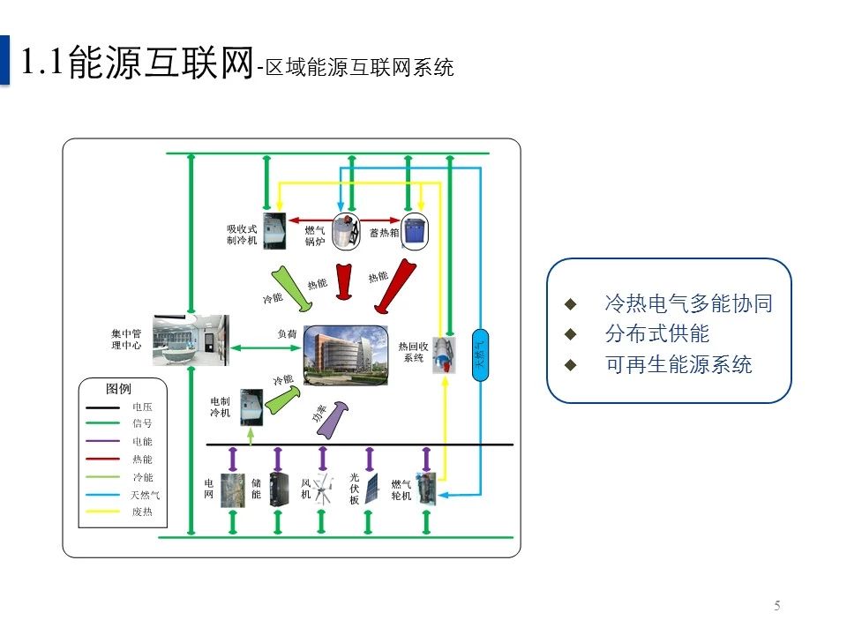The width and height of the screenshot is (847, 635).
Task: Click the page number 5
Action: (777, 605)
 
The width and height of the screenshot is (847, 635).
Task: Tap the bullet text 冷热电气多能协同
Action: (688, 304)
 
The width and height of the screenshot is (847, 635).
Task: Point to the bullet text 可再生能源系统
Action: (678, 365)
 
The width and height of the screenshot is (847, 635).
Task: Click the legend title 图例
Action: (118, 389)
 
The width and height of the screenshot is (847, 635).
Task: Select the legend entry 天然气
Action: (146, 495)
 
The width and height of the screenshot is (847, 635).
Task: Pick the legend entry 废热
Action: (142, 512)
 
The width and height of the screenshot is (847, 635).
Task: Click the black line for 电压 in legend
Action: (103, 407)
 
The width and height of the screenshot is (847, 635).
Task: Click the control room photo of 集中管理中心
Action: (190, 340)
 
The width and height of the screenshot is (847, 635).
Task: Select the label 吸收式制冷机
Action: (242, 235)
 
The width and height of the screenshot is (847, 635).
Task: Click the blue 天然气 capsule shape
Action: (481, 354)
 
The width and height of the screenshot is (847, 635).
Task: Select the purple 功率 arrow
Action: (331, 418)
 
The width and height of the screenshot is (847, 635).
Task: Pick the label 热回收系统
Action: (413, 352)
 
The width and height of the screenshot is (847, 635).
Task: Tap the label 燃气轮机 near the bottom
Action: (401, 490)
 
